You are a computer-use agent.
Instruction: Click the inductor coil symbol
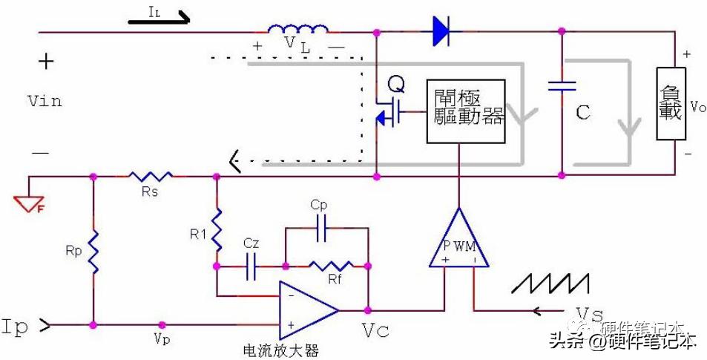298,30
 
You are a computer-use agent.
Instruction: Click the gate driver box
465,111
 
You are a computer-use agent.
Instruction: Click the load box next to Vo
670,105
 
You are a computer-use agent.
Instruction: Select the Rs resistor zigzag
151,177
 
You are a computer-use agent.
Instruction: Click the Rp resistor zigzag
94,253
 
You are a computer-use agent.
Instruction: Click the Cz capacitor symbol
251,265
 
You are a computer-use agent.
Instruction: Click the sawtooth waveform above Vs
553,285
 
